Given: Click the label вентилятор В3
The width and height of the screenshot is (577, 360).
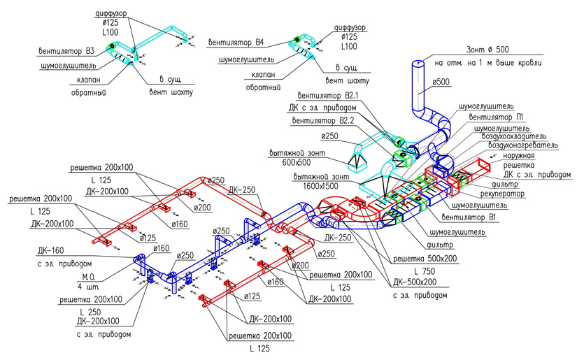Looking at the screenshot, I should point(66,50).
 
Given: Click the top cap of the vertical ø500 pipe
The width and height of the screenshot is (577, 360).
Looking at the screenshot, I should point(418,64).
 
